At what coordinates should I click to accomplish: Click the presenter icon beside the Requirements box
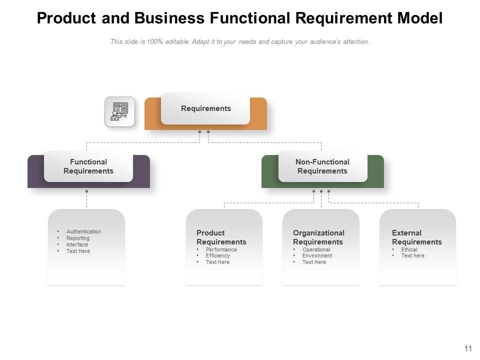tap(119, 111)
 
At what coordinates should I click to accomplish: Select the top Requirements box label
tap(205, 108)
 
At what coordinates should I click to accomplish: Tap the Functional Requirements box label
tap(88, 166)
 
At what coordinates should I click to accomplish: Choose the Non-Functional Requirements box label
tap(322, 166)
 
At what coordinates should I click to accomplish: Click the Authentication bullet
tap(83, 231)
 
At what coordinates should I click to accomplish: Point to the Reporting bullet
tap(78, 238)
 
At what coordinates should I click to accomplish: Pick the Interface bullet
tap(77, 244)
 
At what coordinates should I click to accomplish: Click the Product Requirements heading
tap(221, 237)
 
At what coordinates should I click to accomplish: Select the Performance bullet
tap(221, 249)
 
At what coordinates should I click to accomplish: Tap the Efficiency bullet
tap(217, 255)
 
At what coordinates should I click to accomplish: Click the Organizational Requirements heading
tap(318, 237)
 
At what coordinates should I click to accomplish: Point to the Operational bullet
tap(316, 249)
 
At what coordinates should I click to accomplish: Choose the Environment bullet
tap(317, 255)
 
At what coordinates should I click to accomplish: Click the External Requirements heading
tap(416, 237)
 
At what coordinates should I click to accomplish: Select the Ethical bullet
tap(409, 249)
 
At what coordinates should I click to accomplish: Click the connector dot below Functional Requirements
tap(87, 191)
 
